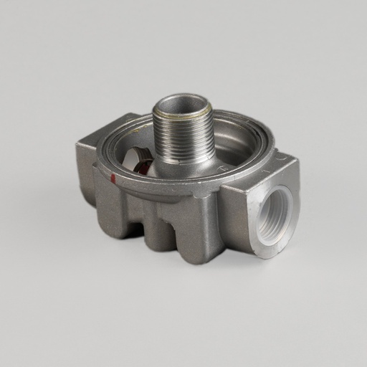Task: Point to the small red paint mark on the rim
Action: [x=113, y=177]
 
